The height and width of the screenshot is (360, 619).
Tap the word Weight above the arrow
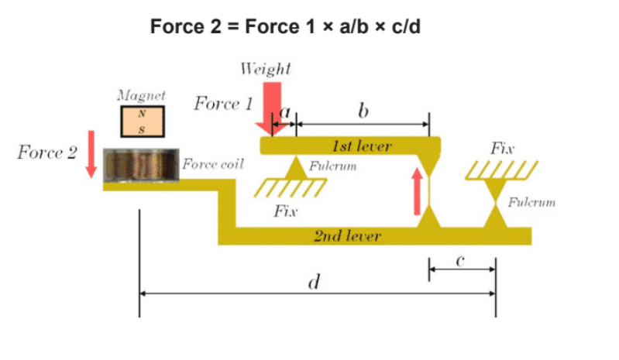266,68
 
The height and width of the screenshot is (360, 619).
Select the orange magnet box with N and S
142,120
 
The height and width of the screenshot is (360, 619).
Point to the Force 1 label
223,104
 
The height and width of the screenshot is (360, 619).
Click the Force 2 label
46,152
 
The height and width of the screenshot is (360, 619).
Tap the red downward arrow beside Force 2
91,153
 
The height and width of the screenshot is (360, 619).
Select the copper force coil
142,164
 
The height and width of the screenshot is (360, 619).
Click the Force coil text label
212,164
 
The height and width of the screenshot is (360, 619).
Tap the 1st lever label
362,146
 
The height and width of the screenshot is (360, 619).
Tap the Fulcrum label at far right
531,202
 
